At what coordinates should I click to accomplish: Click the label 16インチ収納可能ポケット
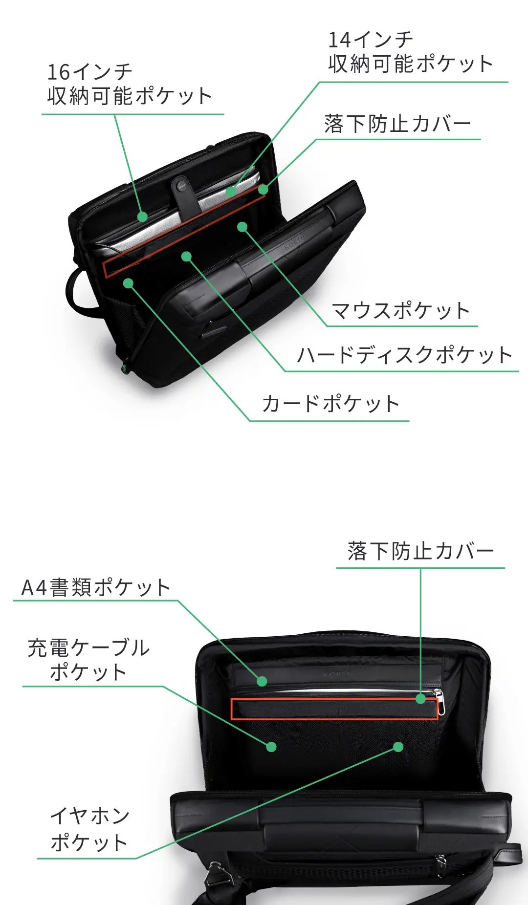tap(130, 84)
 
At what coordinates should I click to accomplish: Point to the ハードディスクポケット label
tap(404, 355)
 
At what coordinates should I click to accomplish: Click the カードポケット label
tap(331, 404)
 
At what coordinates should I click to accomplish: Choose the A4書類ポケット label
tap(96, 587)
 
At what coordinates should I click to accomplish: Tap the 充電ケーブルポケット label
tap(88, 659)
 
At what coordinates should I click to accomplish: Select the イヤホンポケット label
tap(89, 829)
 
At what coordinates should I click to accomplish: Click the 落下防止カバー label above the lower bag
tap(421, 551)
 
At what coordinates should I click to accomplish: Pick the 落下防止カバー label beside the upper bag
tap(397, 124)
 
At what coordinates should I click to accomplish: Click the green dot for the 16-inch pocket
tap(142, 217)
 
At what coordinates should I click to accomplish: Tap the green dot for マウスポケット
tap(242, 227)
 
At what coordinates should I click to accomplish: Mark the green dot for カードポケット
tap(129, 283)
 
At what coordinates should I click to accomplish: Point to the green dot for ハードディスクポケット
tap(186, 256)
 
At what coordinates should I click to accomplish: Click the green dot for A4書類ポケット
tap(262, 681)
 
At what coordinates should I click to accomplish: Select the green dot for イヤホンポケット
tap(398, 747)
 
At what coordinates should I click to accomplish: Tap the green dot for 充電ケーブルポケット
tap(271, 747)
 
